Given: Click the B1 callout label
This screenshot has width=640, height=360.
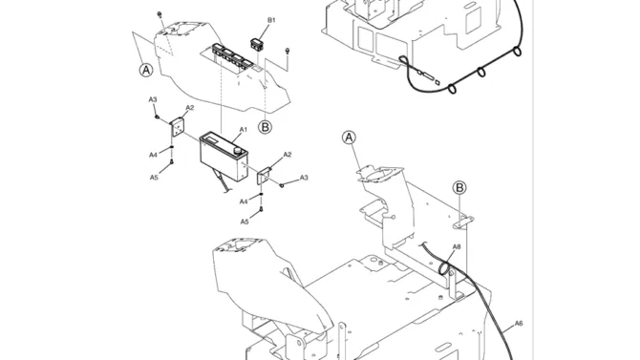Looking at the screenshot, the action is (x=271, y=20).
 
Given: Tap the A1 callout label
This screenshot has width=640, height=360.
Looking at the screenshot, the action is (x=243, y=130).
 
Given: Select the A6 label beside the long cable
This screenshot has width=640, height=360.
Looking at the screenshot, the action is (x=519, y=324).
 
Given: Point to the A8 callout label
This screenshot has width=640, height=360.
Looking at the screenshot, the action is (x=457, y=247).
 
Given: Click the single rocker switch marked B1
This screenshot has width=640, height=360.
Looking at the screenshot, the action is (x=257, y=45).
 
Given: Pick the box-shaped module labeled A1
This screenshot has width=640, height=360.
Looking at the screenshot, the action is (x=224, y=156).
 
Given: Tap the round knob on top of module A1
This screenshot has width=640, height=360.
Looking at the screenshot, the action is (x=238, y=151).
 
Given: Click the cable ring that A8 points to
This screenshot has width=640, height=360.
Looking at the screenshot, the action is (x=443, y=268).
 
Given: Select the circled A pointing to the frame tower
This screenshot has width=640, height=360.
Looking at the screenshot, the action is (x=349, y=138).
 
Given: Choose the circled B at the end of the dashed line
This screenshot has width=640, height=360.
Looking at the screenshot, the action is (x=265, y=127).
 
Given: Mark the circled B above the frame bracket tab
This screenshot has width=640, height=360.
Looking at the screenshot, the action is (x=459, y=188).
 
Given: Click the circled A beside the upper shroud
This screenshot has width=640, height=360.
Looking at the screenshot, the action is (x=146, y=71).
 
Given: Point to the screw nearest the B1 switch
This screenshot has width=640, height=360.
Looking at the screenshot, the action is (x=288, y=52).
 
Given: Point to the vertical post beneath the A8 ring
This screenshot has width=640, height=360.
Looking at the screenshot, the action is (x=452, y=285).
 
